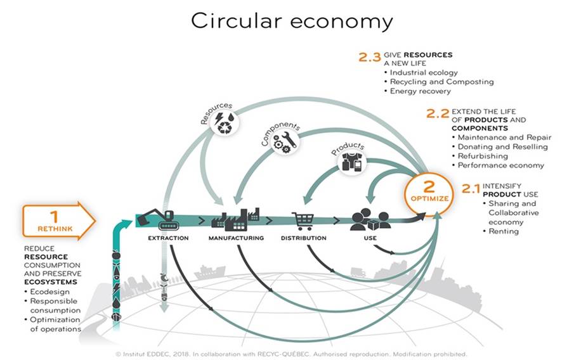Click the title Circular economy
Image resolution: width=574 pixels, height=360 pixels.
tap(292, 21)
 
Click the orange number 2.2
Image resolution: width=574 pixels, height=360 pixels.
tap(437, 114)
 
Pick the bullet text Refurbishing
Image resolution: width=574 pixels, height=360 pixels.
tap(483, 156)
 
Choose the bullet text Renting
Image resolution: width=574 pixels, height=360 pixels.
tap(504, 231)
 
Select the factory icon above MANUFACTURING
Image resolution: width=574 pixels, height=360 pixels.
tap(235, 218)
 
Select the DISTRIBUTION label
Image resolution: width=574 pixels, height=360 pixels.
tap(303, 238)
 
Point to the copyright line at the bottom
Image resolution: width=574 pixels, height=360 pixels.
tap(292, 353)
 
